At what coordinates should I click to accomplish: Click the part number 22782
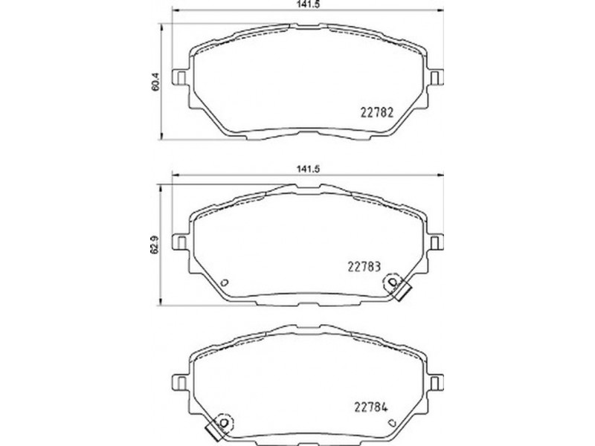[376, 113]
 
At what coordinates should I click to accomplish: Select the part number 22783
[364, 267]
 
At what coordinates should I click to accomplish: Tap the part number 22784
[370, 407]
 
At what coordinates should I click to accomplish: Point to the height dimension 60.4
[155, 81]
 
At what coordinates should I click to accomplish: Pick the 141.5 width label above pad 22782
[308, 4]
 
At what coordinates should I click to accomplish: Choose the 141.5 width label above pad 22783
[308, 169]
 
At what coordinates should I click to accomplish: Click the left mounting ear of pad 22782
[181, 77]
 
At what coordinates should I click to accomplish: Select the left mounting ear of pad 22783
[181, 242]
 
